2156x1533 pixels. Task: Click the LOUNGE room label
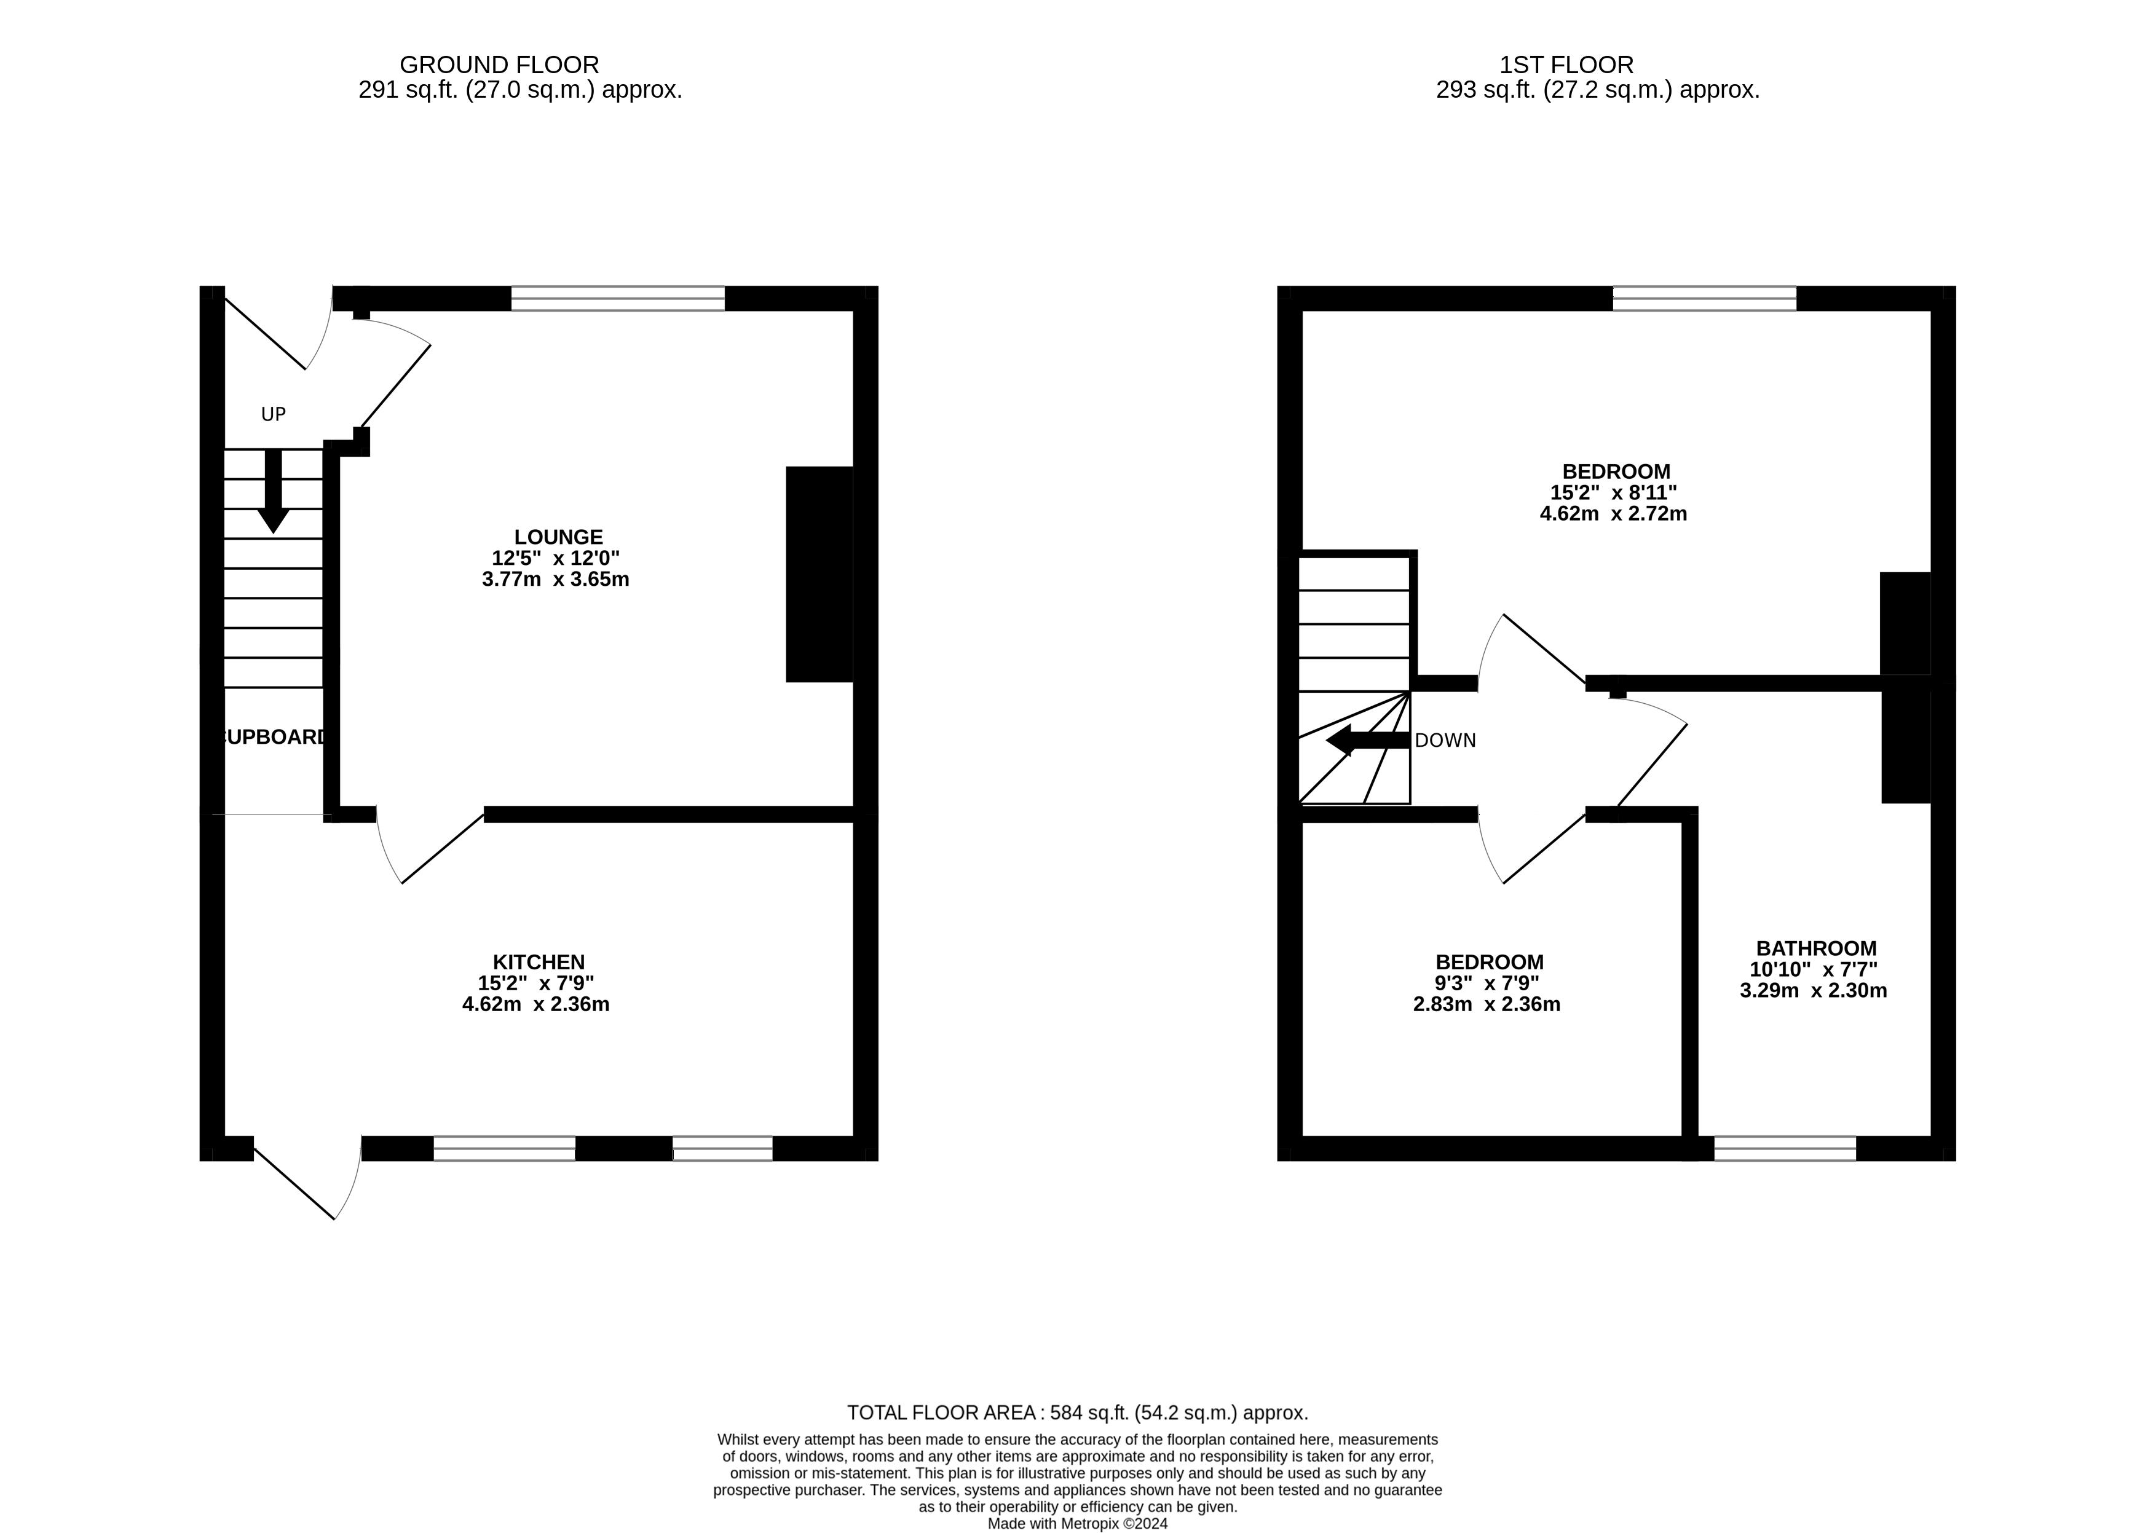(x=558, y=537)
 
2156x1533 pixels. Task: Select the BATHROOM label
(x=1815, y=948)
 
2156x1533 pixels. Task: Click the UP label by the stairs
(x=273, y=414)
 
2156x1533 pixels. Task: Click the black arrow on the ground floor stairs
(x=273, y=491)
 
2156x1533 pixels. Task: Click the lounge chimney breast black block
(x=818, y=574)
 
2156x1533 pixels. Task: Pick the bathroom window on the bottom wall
(x=1784, y=1149)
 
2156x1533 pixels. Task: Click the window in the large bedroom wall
(x=1704, y=298)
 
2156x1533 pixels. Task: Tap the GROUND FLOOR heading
(x=499, y=65)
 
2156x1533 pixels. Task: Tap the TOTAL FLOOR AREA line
(x=1077, y=1413)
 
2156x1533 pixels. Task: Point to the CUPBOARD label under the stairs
(x=274, y=737)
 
